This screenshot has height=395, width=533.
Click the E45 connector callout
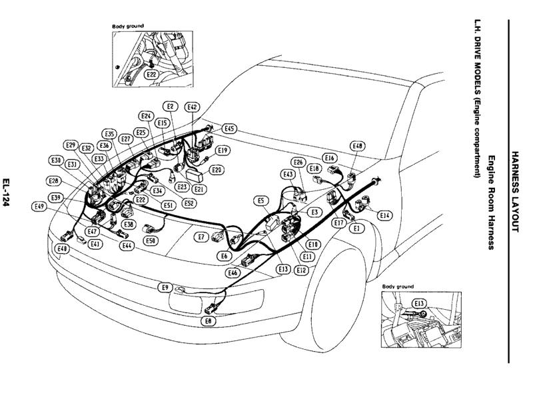pyautogui.click(x=229, y=129)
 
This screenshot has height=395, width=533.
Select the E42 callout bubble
pyautogui.click(x=193, y=107)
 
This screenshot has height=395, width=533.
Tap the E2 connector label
pyautogui.click(x=170, y=107)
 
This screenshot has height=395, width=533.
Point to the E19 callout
pyautogui.click(x=223, y=151)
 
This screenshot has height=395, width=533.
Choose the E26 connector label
pyautogui.click(x=298, y=163)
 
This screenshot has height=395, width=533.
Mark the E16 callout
pyautogui.click(x=328, y=159)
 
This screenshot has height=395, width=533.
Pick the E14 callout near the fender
pyautogui.click(x=384, y=215)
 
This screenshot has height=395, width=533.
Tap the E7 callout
pyautogui.click(x=201, y=236)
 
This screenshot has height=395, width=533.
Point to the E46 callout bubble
pyautogui.click(x=233, y=272)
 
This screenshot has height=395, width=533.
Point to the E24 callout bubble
pyautogui.click(x=147, y=116)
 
